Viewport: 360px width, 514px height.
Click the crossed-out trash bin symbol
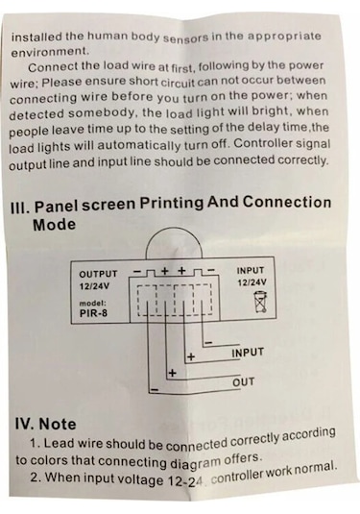click(x=260, y=303)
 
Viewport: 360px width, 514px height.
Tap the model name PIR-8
click(x=93, y=313)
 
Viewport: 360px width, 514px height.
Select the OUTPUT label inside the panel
click(x=98, y=274)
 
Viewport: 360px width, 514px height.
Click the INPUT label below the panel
click(x=248, y=353)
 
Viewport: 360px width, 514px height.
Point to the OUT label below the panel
click(x=243, y=382)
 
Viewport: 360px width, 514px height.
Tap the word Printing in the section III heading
click(x=172, y=204)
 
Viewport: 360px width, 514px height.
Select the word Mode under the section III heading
click(x=54, y=225)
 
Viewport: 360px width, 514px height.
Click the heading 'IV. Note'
click(x=45, y=424)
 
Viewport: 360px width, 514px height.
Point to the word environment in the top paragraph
click(x=50, y=52)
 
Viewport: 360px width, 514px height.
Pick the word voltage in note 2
click(x=140, y=479)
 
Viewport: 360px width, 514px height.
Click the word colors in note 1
click(x=49, y=460)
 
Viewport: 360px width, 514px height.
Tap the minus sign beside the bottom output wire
click(x=155, y=389)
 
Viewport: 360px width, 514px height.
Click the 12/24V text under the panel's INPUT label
click(x=252, y=282)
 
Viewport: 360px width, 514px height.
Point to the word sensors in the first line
click(x=185, y=37)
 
